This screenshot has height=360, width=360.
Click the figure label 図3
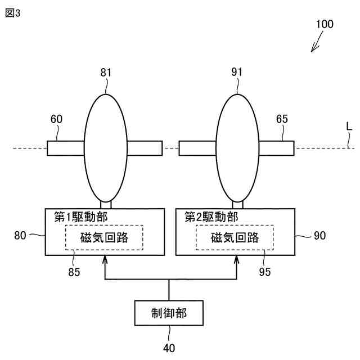coord(12,13)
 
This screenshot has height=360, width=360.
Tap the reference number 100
coord(324,24)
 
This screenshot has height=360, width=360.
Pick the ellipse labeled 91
coord(237,147)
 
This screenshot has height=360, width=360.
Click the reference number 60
coord(56,119)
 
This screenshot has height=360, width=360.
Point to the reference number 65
coord(282,119)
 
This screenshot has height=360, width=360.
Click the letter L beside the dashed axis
coord(349,128)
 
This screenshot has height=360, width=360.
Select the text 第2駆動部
coord(211,217)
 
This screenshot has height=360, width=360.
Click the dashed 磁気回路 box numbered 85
coord(105,237)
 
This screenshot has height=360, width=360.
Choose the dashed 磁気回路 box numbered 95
coord(235,237)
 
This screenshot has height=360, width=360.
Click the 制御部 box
coord(169,312)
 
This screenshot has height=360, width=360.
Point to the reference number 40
coord(169,348)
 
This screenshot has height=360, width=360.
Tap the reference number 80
coord(20,236)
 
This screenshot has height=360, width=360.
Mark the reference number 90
coord(319,236)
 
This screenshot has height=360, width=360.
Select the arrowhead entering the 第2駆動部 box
coord(237,259)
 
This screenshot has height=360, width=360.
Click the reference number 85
coord(74,272)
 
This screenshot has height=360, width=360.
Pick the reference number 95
coord(264,272)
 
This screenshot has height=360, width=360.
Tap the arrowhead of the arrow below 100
coord(313,50)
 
